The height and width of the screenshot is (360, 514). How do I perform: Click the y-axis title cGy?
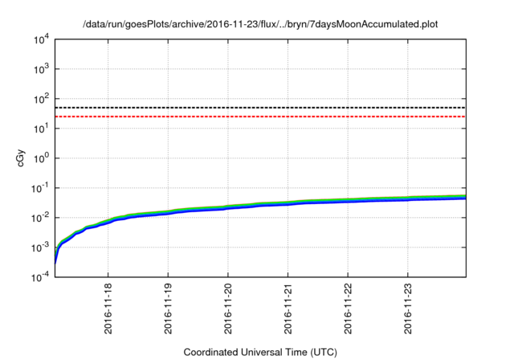coord(22,157)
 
